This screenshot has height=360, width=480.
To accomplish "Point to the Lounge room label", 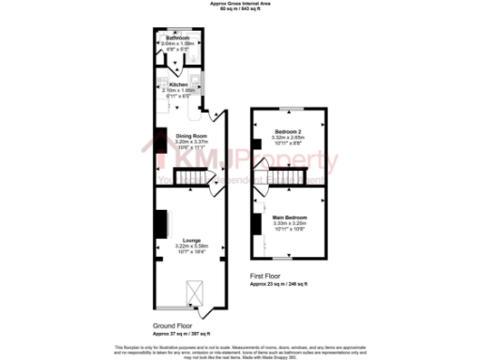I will [x=190, y=240].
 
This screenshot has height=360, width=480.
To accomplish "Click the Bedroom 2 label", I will [x=289, y=131].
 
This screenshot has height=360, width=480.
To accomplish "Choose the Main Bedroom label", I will [x=289, y=217].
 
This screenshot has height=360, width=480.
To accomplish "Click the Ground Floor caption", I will [x=172, y=326].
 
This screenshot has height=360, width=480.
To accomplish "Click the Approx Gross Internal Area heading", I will [x=239, y=4].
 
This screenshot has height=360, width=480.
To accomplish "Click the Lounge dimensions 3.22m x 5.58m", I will [x=190, y=247].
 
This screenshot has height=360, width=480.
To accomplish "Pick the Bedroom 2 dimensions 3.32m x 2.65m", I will [x=289, y=137].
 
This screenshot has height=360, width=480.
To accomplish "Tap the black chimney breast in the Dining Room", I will [x=161, y=138].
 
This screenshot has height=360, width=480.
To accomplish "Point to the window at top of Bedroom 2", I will [x=289, y=110].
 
